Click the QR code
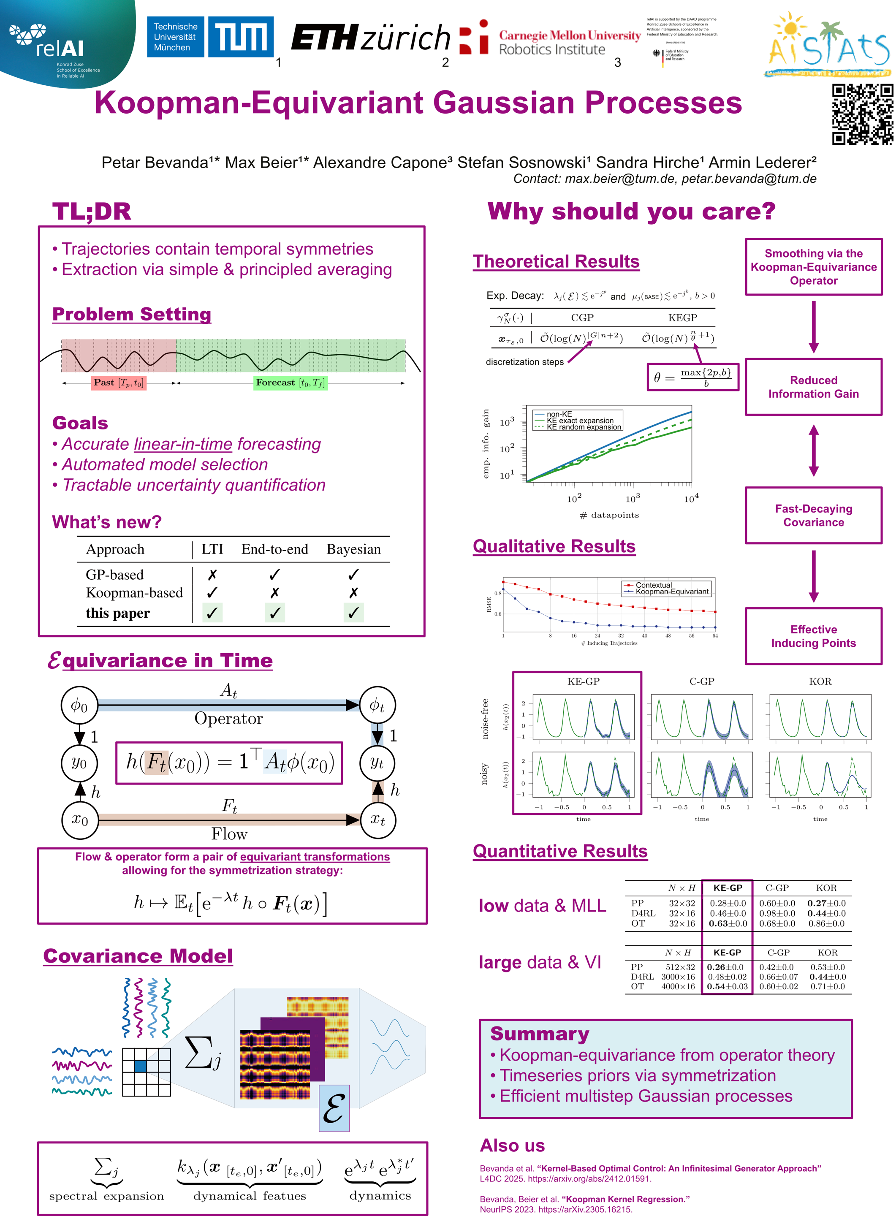pyautogui.click(x=862, y=114)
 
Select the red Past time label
pyautogui.click(x=118, y=383)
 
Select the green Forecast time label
pyautogui.click(x=290, y=383)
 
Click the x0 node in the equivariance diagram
pyautogui.click(x=80, y=820)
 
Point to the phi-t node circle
pyautogui.click(x=377, y=706)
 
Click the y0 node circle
pyautogui.click(x=79, y=763)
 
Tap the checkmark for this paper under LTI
pyautogui.click(x=212, y=613)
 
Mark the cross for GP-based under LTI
pyautogui.click(x=212, y=574)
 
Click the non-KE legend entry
pyautogui.click(x=559, y=414)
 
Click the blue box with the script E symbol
pyautogui.click(x=334, y=1108)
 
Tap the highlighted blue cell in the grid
pyautogui.click(x=141, y=1066)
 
